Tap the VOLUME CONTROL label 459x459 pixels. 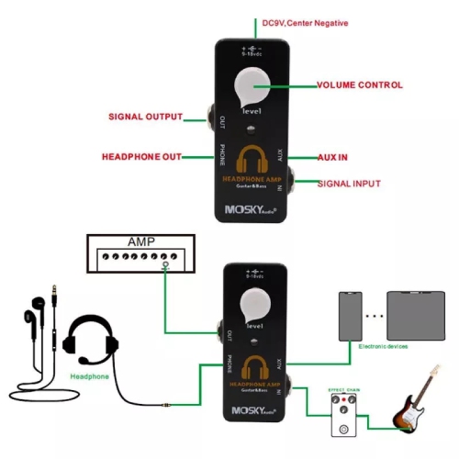pos(359,85)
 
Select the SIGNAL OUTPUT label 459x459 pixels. pos(145,117)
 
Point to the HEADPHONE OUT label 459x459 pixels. pos(141,156)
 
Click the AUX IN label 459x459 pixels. pos(332,157)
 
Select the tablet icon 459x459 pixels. pos(417,316)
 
